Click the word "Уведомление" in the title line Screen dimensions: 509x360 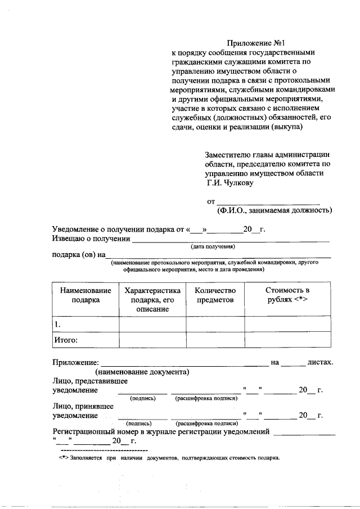75,229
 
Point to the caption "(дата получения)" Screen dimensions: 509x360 211,247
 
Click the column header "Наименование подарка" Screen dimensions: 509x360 85,295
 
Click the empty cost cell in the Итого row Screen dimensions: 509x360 287,340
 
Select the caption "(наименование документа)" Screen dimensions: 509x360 142,372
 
